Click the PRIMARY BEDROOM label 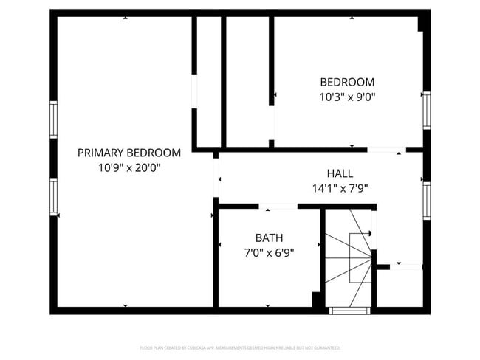pos(129,153)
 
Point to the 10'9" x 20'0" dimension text pos(129,167)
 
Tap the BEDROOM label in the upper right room pos(346,82)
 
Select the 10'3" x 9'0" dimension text pos(346,97)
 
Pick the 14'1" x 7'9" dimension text pos(340,188)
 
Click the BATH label pos(269,238)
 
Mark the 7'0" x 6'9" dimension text pos(269,252)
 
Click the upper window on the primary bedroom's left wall pos(53,119)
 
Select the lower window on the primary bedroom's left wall pos(53,196)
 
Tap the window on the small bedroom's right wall pos(426,110)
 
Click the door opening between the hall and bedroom pos(386,150)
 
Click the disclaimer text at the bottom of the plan pos(240,347)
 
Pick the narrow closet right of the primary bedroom pos(208,81)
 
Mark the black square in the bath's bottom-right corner pos(316,300)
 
